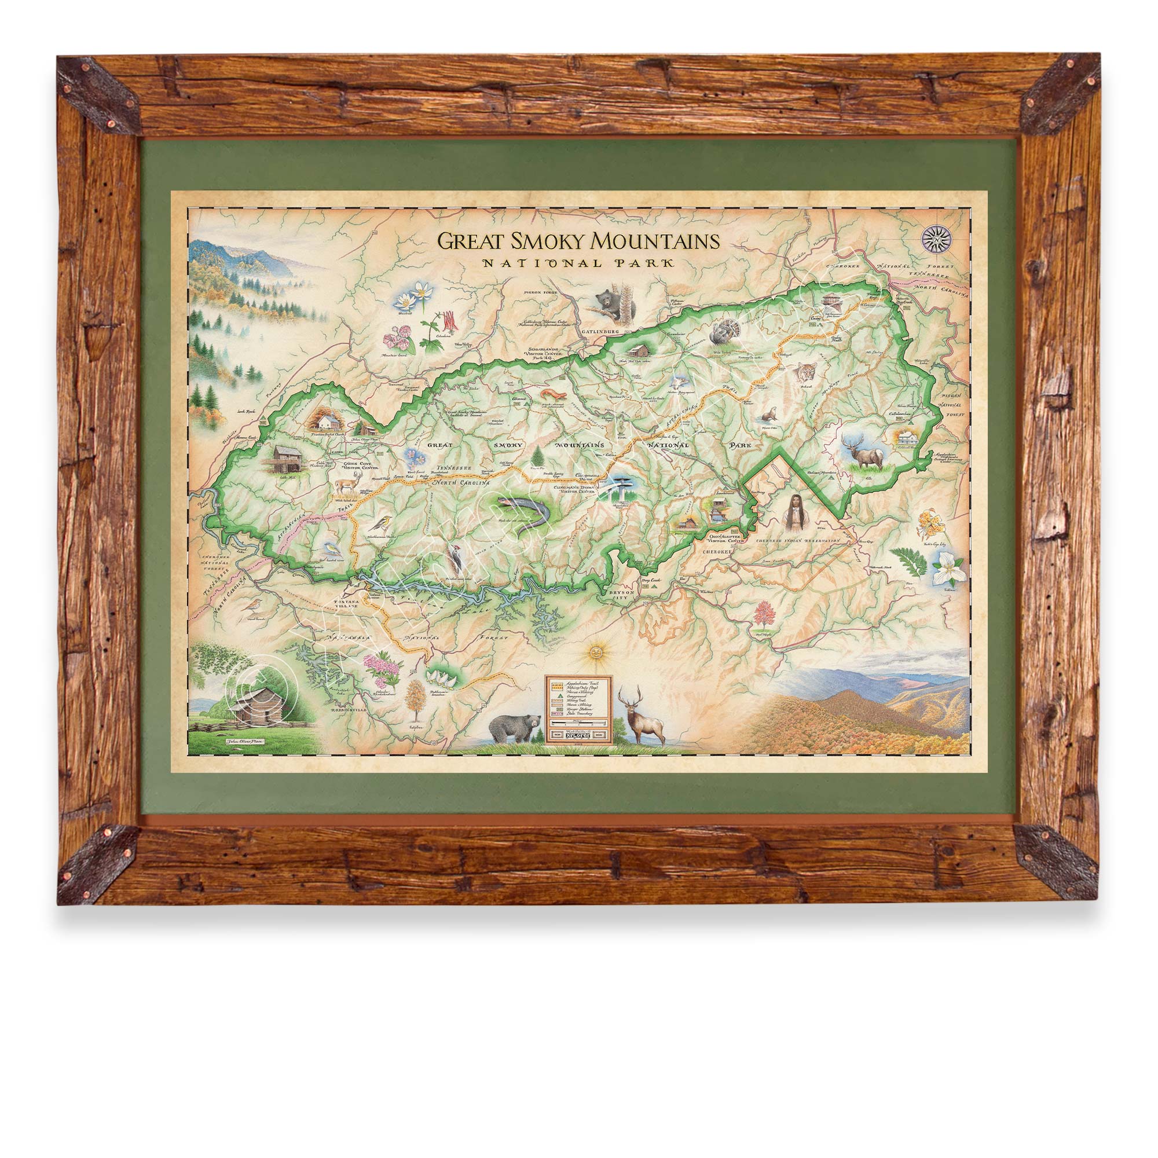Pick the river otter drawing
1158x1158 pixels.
point(769,414)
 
